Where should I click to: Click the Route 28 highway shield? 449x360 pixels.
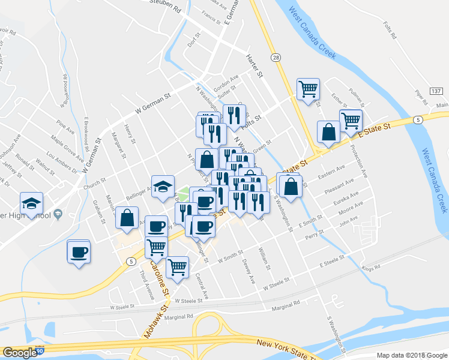(x=276, y=57)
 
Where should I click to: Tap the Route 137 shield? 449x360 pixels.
(x=436, y=91)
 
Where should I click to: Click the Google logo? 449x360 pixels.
(x=20, y=353)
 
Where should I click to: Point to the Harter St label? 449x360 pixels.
(x=254, y=67)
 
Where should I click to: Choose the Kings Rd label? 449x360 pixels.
(x=370, y=268)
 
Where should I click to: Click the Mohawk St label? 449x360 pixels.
(x=151, y=322)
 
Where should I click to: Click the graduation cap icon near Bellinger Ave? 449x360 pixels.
(x=162, y=187)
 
